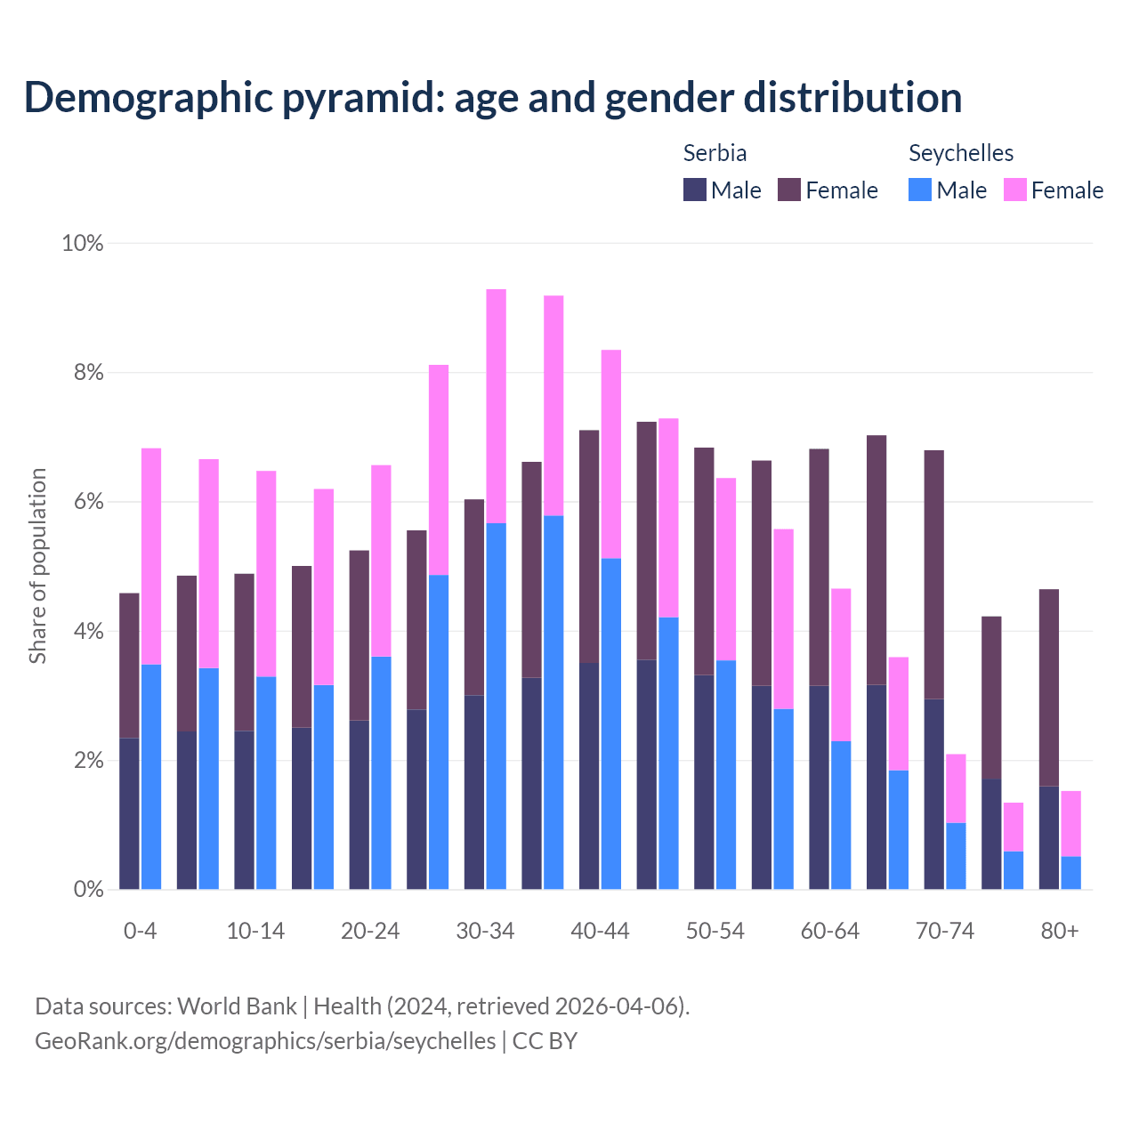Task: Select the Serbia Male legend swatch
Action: (694, 190)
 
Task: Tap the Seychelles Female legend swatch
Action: (1014, 190)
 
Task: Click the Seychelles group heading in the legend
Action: (961, 153)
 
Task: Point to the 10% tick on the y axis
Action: (83, 243)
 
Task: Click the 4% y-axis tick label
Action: (87, 632)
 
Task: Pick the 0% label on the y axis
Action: (87, 890)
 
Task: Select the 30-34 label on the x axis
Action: (485, 931)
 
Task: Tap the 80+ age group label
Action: (1060, 931)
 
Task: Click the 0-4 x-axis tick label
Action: (140, 931)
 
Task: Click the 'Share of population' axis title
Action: (37, 566)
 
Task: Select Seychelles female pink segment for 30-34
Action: (496, 406)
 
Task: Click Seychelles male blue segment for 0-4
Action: (151, 776)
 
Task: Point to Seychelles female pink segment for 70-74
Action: (956, 788)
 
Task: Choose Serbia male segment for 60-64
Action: (819, 788)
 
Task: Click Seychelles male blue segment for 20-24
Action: (381, 772)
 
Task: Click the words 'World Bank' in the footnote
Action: (237, 1006)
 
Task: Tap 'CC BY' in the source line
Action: (545, 1041)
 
